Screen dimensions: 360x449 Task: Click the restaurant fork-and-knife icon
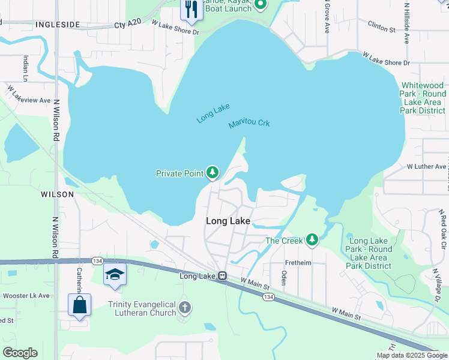point(191,9)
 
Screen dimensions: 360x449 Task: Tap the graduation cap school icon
point(115,275)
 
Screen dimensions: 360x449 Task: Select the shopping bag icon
point(79,305)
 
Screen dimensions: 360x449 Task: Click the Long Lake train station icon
point(222,276)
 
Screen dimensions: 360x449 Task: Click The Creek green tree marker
point(312,241)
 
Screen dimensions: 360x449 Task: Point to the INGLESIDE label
point(58,25)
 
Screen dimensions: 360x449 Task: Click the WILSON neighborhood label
point(58,194)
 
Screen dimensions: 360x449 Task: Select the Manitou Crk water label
point(249,124)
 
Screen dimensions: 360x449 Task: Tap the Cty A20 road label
point(128,24)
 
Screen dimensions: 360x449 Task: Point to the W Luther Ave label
point(426,166)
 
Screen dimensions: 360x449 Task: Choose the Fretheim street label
point(298,262)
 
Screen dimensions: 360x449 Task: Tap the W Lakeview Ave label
point(29,95)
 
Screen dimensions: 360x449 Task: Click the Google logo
point(20,353)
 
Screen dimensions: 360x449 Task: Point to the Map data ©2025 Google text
point(411,355)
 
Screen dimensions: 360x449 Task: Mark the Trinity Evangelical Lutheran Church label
point(143,308)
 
